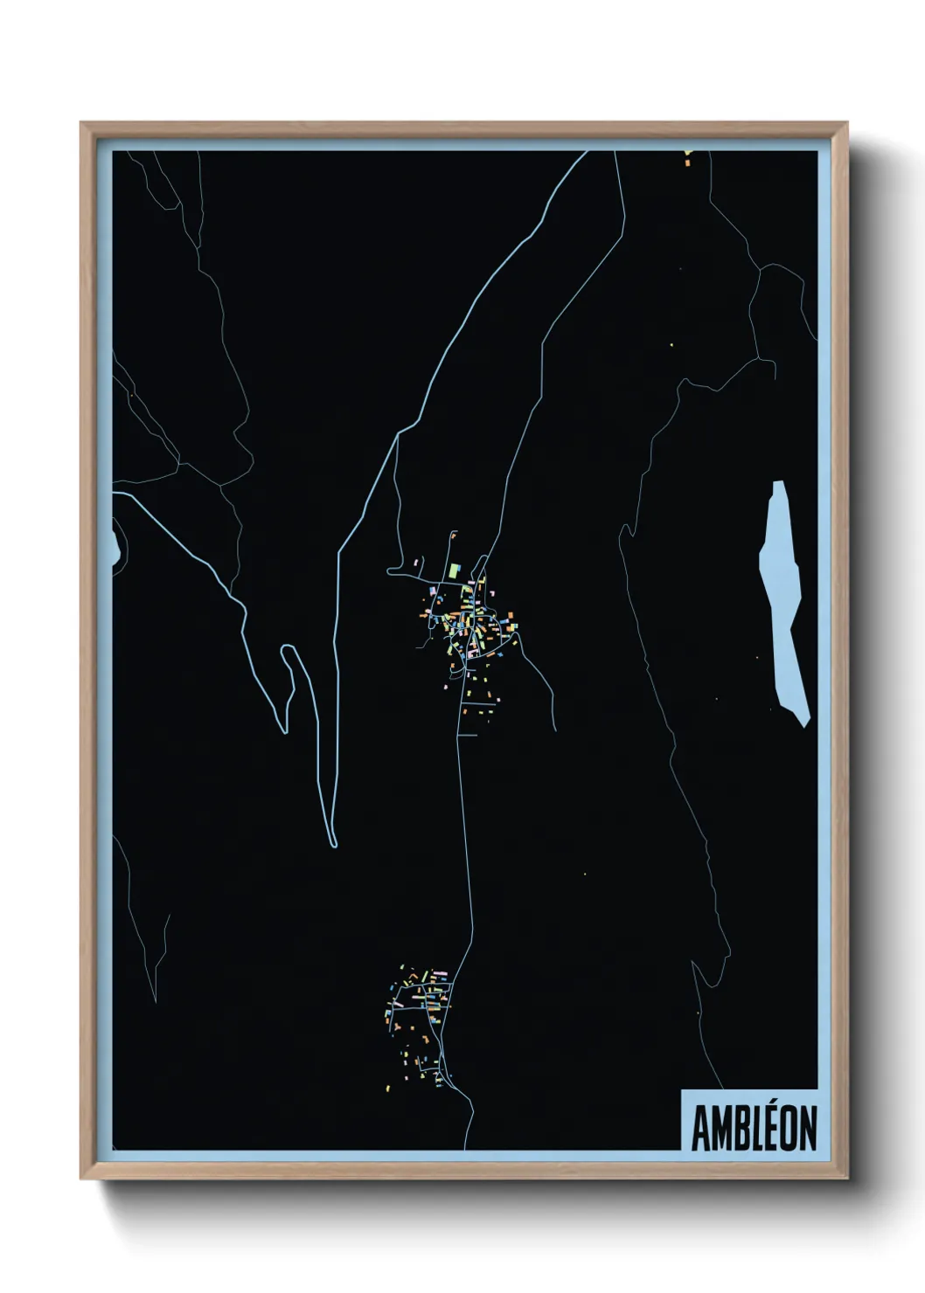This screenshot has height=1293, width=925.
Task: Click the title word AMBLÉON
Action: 754,1128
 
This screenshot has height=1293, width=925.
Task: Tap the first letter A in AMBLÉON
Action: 700,1128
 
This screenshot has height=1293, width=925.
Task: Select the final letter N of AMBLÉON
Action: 808,1128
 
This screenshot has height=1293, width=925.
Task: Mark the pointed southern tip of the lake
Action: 804,723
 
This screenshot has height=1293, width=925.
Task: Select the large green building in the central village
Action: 454,570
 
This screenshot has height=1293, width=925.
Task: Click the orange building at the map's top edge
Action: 687,160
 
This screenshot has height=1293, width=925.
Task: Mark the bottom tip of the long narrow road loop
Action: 333,844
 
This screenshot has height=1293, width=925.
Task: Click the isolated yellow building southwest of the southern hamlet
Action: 390,1088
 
